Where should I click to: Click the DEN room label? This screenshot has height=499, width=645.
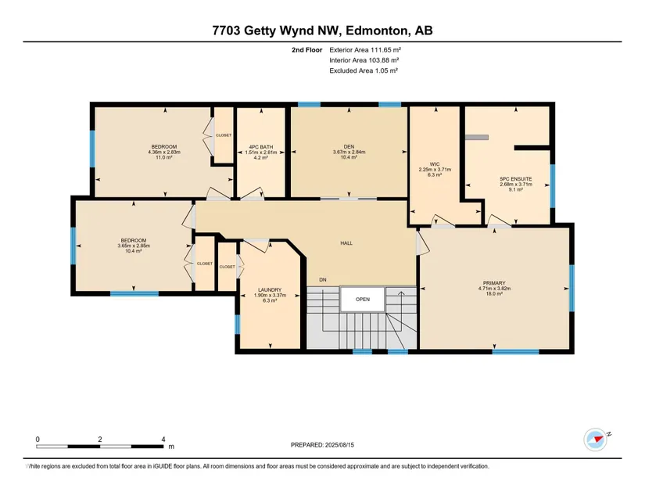[349, 147]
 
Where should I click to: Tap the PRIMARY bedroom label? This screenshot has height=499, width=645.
[494, 283]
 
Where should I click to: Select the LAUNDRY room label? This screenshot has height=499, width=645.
[270, 289]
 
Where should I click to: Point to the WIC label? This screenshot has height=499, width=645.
[435, 164]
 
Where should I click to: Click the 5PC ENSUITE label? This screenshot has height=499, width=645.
[516, 179]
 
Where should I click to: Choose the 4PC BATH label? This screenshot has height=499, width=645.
[261, 147]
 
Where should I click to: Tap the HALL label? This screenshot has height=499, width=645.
[346, 243]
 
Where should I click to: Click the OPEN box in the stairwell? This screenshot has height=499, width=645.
[363, 299]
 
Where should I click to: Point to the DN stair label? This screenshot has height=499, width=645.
[323, 280]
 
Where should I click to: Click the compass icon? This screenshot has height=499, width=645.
[595, 440]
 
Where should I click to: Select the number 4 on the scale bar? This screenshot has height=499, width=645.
[163, 439]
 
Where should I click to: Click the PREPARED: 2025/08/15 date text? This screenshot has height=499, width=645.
[322, 445]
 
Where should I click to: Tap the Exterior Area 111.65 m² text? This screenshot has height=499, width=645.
[365, 50]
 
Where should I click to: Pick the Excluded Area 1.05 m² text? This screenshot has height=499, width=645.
[364, 70]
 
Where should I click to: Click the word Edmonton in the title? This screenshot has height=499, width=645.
[377, 31]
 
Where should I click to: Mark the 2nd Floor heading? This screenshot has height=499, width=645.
[307, 50]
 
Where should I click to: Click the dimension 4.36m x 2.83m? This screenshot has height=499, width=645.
[164, 152]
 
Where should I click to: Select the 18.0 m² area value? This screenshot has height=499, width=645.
[494, 294]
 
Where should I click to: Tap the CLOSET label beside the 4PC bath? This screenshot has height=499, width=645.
[224, 135]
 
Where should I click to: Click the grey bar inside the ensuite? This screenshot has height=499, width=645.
[477, 138]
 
